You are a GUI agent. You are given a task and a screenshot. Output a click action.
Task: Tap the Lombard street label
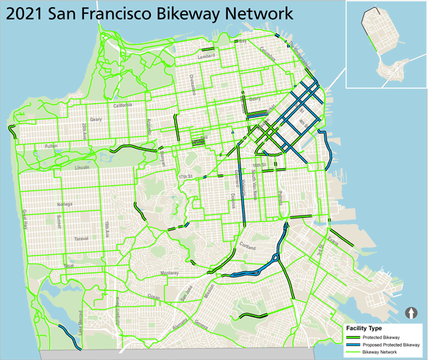[206, 56]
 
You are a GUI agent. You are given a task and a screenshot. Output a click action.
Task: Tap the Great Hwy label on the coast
[23, 220]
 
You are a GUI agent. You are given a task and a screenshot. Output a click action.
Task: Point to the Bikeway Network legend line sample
[355, 351]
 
